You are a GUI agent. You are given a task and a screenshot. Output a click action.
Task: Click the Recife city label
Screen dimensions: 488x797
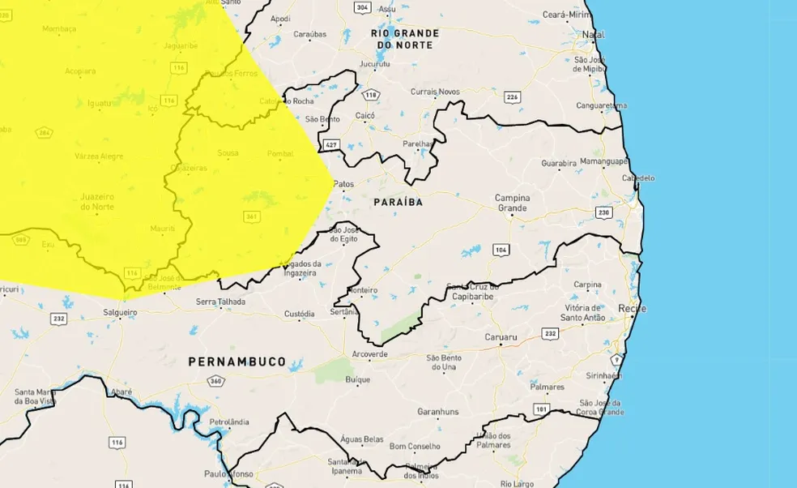[x=632, y=309]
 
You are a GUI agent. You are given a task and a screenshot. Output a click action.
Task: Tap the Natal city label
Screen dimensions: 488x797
[x=594, y=35]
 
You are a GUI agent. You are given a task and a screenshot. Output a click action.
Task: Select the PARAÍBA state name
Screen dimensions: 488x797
[x=398, y=201]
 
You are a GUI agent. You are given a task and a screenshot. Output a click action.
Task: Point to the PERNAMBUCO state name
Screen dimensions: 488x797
[x=237, y=362]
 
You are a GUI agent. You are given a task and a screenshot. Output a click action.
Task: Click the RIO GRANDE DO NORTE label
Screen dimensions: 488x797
[x=405, y=39]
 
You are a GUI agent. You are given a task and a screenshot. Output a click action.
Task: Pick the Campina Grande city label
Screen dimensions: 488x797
[x=512, y=203]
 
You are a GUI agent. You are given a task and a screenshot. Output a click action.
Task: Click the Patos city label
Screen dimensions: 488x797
[x=343, y=184]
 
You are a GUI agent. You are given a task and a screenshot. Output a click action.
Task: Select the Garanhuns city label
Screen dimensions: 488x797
[x=437, y=412]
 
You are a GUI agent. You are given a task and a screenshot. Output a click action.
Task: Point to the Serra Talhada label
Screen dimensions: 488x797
[x=220, y=302]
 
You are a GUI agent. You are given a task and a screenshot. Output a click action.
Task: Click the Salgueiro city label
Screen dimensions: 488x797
[x=121, y=311]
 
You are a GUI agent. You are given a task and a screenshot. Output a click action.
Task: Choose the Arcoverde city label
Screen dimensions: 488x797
[x=369, y=355]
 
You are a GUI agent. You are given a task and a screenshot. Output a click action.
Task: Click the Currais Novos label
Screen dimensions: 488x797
[x=435, y=92]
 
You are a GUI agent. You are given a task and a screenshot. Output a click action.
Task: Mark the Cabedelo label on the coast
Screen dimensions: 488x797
[x=638, y=178]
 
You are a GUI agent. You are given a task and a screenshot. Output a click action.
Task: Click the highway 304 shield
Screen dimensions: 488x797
[x=363, y=7]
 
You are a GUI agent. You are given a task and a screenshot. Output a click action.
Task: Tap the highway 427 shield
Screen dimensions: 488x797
[x=330, y=144]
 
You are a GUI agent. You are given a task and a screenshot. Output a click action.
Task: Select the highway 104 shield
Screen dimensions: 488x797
[x=501, y=250]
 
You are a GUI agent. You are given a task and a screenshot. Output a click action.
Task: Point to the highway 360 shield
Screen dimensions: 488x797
[x=215, y=381]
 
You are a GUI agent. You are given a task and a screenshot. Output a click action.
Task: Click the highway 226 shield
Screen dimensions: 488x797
[x=512, y=97]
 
